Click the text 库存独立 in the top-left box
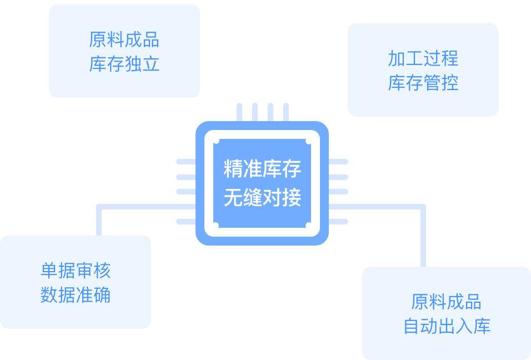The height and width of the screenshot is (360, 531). (124, 64)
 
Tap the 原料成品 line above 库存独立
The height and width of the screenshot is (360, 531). (124, 39)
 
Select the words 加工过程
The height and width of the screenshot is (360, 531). (423, 58)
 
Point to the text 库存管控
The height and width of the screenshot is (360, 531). (423, 83)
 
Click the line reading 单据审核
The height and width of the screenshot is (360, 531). (76, 271)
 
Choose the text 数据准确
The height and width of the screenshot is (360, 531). (76, 295)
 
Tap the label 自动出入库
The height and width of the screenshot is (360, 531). (447, 326)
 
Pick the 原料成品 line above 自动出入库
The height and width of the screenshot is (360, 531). (447, 302)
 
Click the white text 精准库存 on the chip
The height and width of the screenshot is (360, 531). (262, 169)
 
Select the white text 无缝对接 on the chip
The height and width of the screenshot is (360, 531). (262, 197)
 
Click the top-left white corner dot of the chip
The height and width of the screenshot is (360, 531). (216, 141)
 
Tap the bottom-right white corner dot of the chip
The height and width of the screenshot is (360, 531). (308, 225)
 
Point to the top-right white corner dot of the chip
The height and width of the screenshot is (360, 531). (308, 141)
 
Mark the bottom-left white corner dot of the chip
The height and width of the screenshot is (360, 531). (216, 225)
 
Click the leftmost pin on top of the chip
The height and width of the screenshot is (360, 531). (239, 112)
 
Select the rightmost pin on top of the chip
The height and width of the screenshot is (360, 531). (286, 112)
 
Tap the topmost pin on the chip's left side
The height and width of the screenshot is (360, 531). (186, 162)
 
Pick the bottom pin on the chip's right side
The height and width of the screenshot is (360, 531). (338, 222)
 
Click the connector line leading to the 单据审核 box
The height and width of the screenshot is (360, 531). (99, 219)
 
